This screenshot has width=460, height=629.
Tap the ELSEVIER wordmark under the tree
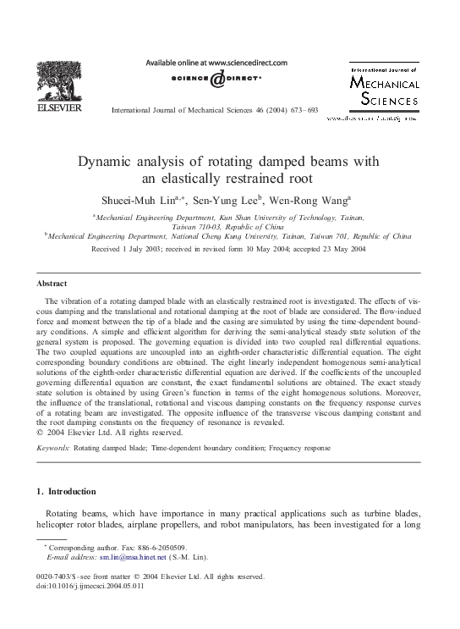tap(58, 108)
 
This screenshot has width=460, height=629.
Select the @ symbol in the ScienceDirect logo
tap(217, 79)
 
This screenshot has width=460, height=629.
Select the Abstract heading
tap(52, 283)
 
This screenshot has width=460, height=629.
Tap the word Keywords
tap(52, 447)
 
